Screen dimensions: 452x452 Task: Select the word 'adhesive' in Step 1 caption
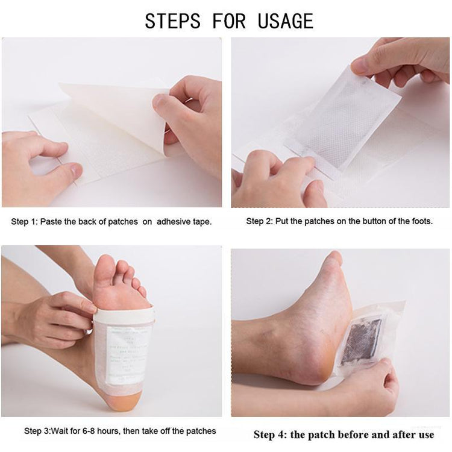tap(174, 222)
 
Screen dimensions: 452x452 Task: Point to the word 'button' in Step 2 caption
tap(353, 221)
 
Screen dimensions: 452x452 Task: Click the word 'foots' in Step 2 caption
tap(420, 221)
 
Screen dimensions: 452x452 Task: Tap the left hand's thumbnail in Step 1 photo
tap(75, 172)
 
